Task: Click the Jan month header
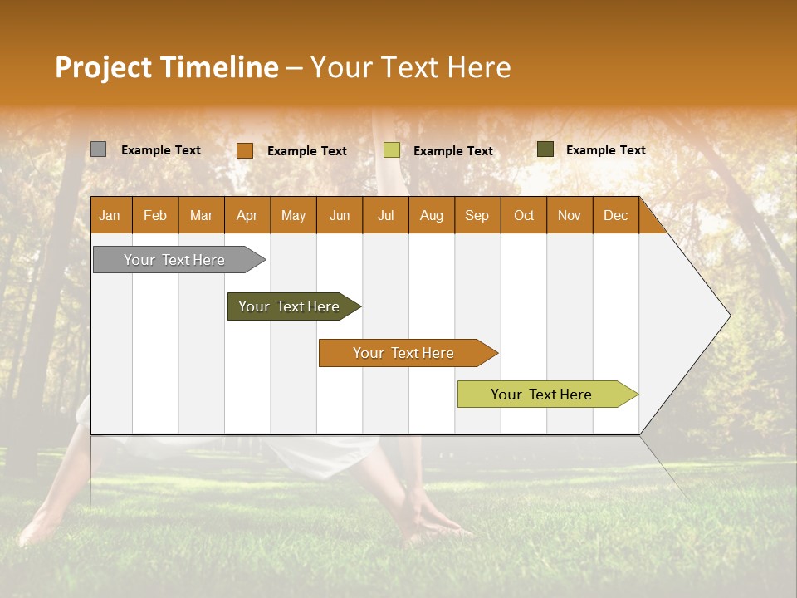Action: pyautogui.click(x=110, y=215)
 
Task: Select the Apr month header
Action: pyautogui.click(x=247, y=215)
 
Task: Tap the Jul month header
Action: pyautogui.click(x=385, y=215)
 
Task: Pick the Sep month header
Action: pyautogui.click(x=477, y=215)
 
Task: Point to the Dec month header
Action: pyautogui.click(x=615, y=215)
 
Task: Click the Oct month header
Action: pyautogui.click(x=523, y=215)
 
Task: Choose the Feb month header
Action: pyautogui.click(x=155, y=215)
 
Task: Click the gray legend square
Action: pyautogui.click(x=98, y=149)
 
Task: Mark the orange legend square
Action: pyautogui.click(x=244, y=150)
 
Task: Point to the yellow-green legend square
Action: pyautogui.click(x=391, y=150)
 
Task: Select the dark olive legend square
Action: pyautogui.click(x=545, y=149)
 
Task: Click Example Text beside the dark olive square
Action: pyautogui.click(x=605, y=150)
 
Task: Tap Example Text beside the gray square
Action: pyautogui.click(x=160, y=150)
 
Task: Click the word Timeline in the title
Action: pyautogui.click(x=218, y=67)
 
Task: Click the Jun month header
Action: pyautogui.click(x=339, y=215)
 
